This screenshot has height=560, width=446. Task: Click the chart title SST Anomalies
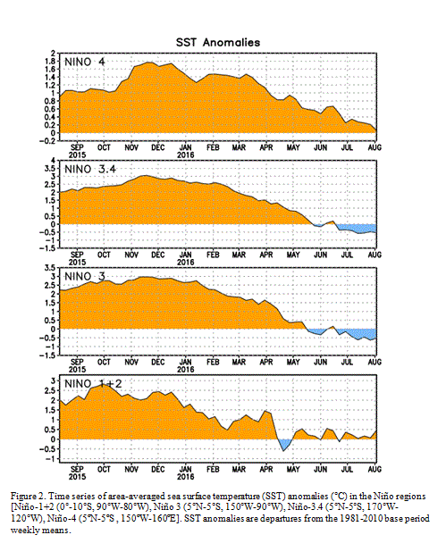point(218,43)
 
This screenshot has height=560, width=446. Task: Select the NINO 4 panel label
point(85,63)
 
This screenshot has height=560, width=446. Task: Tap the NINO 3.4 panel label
point(90,170)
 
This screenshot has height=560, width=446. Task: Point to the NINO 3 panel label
point(85,277)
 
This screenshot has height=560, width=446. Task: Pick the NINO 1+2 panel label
point(93,384)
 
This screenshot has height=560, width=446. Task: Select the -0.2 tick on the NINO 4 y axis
point(48,141)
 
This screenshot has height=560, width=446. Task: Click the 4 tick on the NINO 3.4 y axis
point(54,161)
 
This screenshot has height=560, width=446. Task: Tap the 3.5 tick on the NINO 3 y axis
point(51,268)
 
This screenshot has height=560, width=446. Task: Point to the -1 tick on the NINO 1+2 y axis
point(51,459)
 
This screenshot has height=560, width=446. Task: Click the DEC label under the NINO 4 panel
point(158,147)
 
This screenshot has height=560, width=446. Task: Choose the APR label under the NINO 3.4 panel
point(265,255)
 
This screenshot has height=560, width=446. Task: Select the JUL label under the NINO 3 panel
point(347,362)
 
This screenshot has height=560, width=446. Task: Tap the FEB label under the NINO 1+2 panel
point(213,469)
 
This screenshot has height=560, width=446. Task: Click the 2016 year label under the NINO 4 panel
point(186,155)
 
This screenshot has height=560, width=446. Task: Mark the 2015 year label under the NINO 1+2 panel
point(77,477)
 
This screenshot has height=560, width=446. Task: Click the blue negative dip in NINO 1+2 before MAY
point(284,445)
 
